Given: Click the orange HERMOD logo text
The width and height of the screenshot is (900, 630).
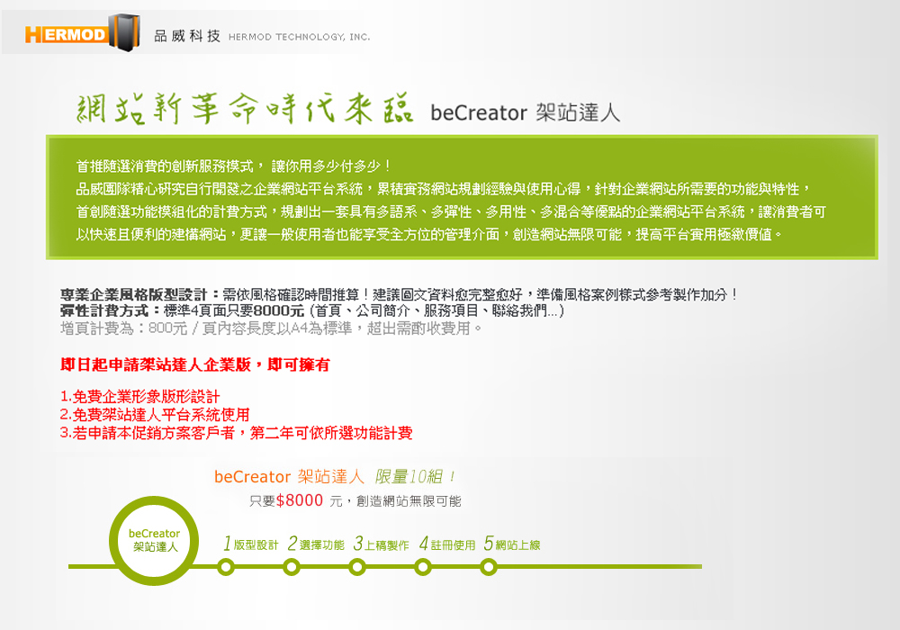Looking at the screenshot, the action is (x=66, y=34).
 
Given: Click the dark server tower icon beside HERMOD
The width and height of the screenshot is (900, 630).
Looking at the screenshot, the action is (x=124, y=32).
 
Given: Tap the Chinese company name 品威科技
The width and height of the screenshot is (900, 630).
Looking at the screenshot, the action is (x=187, y=36).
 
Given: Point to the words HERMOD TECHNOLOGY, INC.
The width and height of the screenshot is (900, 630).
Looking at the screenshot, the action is (x=299, y=37).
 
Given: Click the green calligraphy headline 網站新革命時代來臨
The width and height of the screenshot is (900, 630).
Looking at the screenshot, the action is (x=245, y=108).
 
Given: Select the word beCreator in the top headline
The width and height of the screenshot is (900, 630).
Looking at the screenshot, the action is (x=479, y=112).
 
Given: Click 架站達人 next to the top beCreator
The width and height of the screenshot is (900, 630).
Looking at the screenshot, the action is (x=578, y=112).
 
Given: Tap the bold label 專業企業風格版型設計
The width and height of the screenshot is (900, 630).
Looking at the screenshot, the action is (x=133, y=295).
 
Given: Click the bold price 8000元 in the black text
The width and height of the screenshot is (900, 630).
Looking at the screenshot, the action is (x=278, y=311).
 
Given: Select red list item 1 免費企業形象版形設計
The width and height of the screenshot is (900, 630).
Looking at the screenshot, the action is (x=140, y=397).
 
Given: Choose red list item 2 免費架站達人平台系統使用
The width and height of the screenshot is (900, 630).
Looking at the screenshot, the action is (x=155, y=414).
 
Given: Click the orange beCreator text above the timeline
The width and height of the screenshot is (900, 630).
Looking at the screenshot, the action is (x=253, y=477).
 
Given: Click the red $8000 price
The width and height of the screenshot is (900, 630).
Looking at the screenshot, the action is (x=300, y=500).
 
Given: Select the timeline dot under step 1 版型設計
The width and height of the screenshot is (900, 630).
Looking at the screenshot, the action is (x=226, y=568).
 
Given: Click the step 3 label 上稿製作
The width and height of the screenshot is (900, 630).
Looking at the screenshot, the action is (x=387, y=545).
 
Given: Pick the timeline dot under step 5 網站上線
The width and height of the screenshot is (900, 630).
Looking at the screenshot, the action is (x=489, y=568).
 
